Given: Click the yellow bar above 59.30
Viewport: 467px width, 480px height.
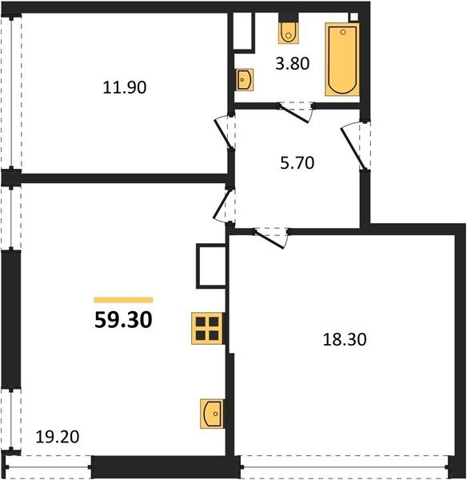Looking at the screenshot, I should pos(123,299).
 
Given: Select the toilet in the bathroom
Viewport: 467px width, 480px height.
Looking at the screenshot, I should pos(288,32).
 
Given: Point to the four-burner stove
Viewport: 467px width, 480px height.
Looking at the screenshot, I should pos(207,328).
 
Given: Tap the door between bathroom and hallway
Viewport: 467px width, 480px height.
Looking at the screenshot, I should pos(298,111).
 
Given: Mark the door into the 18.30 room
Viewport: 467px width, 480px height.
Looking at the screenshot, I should pos(270,236).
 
